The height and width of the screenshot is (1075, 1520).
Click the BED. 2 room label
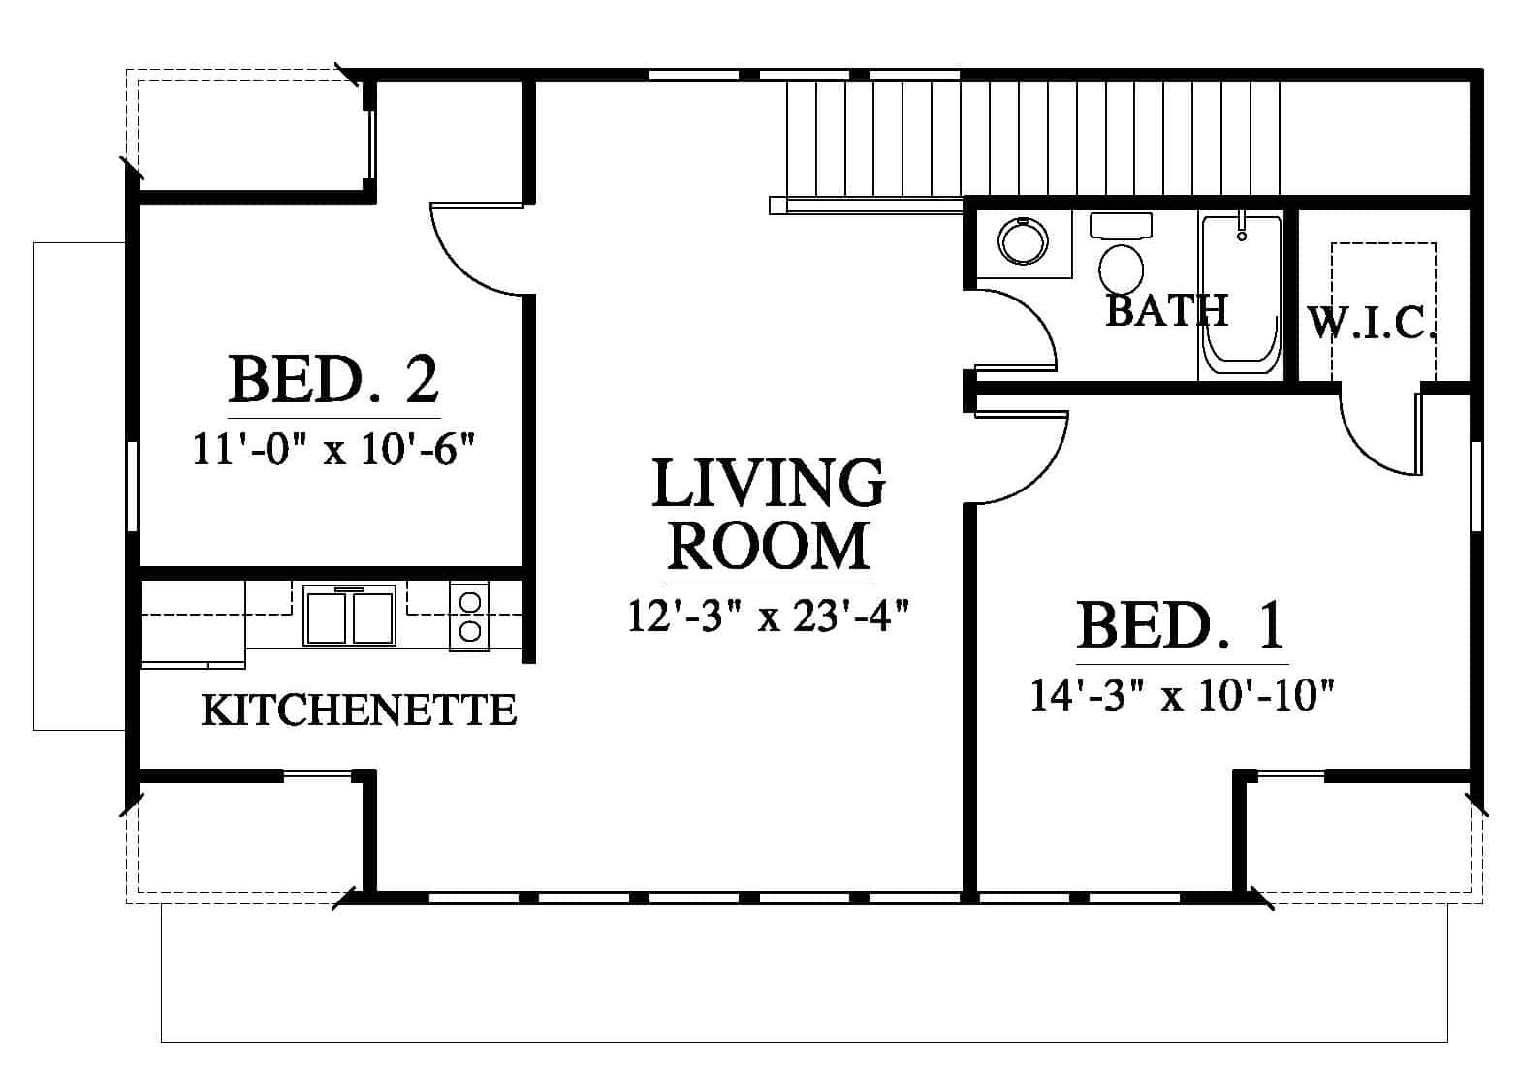[333, 379]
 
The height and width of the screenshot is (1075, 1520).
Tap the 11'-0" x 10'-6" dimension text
[333, 449]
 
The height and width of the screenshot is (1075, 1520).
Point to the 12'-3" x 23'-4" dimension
[768, 616]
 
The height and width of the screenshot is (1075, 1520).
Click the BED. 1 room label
[1181, 625]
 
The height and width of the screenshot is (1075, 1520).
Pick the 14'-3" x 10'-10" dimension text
[1183, 695]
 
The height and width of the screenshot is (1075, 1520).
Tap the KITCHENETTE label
[359, 710]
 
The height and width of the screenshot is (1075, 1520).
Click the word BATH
[1167, 310]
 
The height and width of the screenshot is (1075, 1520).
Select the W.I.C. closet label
[1371, 323]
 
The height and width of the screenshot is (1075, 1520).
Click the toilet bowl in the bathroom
[1121, 269]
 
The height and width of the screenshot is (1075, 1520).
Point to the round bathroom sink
[1023, 241]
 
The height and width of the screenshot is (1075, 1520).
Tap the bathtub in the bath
[1241, 295]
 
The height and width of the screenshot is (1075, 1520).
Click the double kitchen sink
[349, 615]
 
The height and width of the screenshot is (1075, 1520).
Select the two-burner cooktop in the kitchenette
[469, 617]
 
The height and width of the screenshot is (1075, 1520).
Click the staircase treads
[1032, 140]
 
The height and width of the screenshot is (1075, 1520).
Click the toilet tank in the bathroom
[1121, 225]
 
